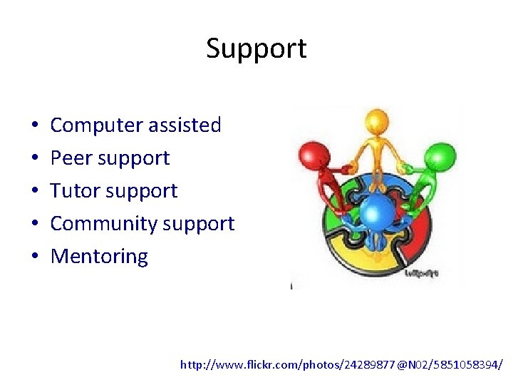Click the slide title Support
(256, 48)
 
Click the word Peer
(70, 158)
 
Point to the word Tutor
(74, 191)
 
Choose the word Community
(104, 224)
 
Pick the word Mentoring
(99, 257)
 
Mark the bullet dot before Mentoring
(35, 257)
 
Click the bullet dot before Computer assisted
(35, 126)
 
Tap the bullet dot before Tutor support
(35, 192)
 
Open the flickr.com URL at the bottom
(341, 364)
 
